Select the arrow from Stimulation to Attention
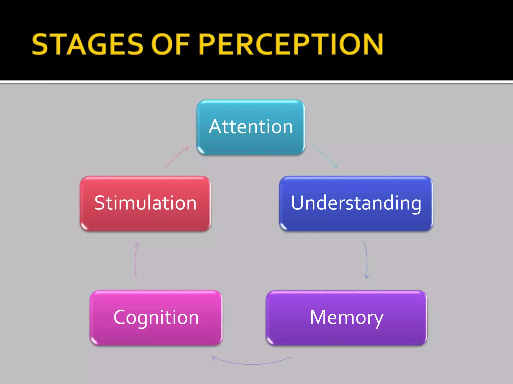click(176, 157)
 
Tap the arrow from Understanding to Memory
click(366, 260)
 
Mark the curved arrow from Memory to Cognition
click(252, 364)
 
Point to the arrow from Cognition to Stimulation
click(136, 260)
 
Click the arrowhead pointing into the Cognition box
click(213, 358)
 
